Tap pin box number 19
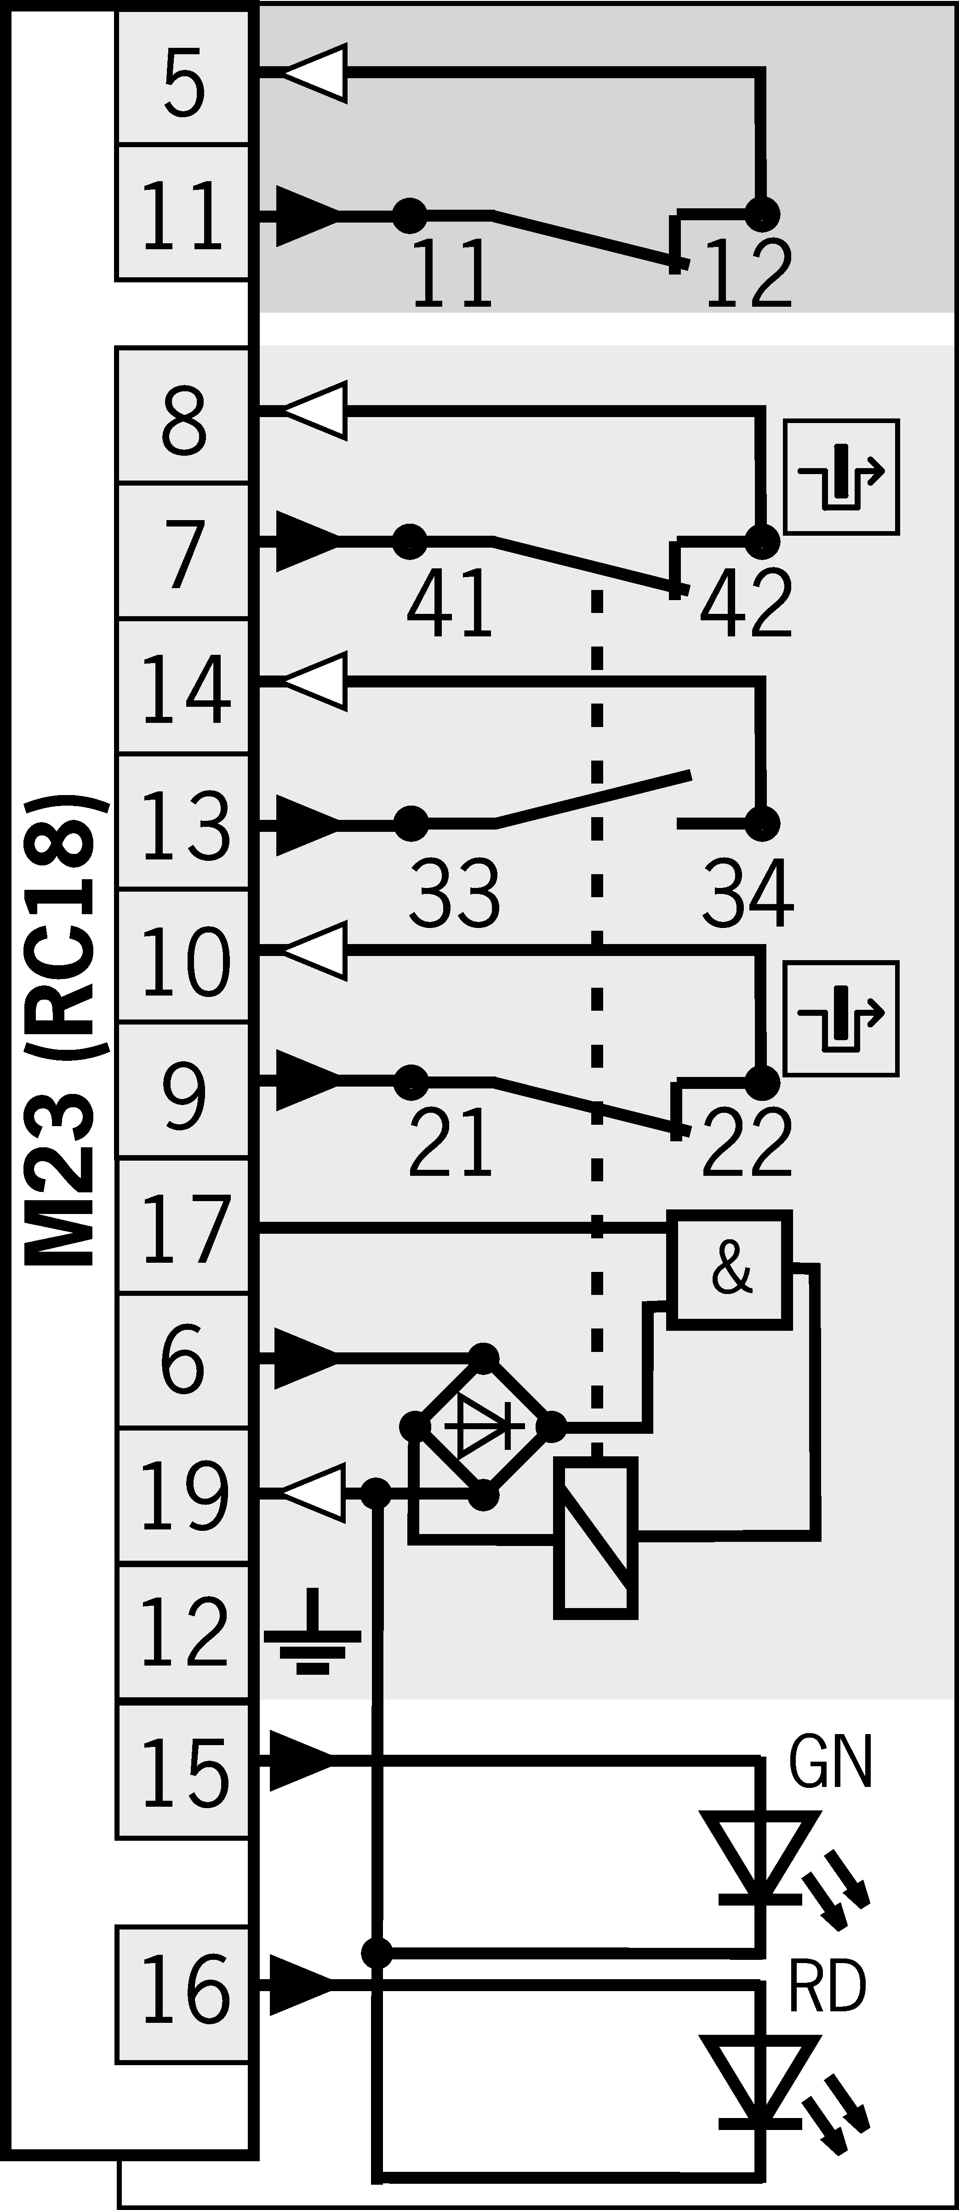pyautogui.click(x=183, y=1497)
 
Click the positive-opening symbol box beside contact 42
pyautogui.click(x=841, y=477)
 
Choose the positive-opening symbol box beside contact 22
pyautogui.click(x=841, y=1019)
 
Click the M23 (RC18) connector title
pyautogui.click(x=64, y=1030)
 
